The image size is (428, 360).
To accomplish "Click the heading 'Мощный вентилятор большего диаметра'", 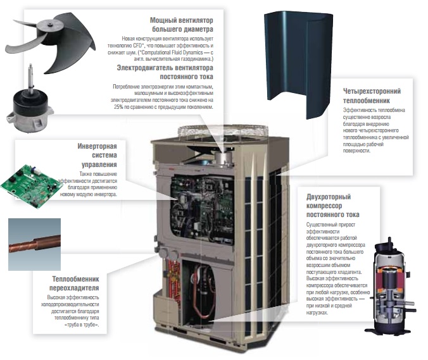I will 181,25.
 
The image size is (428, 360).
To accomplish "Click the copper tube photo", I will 34,243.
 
